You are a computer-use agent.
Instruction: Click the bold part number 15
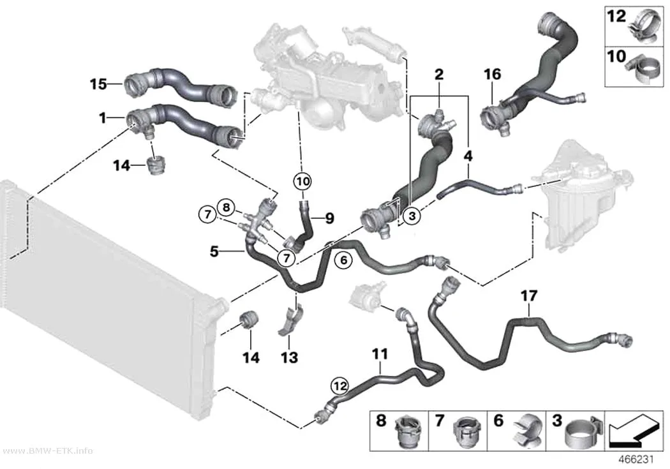pyautogui.click(x=98, y=84)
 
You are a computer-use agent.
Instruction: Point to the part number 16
pyautogui.click(x=492, y=74)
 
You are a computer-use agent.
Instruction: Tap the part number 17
pyautogui.click(x=529, y=295)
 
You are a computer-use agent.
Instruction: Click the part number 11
pyautogui.click(x=380, y=354)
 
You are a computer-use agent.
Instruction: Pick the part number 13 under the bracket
pyautogui.click(x=289, y=357)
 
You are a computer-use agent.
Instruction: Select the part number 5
pyautogui.click(x=214, y=251)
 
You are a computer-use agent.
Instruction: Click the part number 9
pyautogui.click(x=329, y=219)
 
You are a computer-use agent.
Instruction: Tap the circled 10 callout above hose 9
pyautogui.click(x=302, y=181)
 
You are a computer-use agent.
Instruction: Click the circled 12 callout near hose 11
pyautogui.click(x=340, y=387)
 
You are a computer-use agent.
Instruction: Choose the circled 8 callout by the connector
pyautogui.click(x=226, y=208)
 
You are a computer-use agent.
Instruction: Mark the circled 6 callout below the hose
pyautogui.click(x=343, y=260)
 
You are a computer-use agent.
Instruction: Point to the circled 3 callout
pyautogui.click(x=412, y=216)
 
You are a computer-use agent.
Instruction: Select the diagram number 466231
pyautogui.click(x=637, y=459)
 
